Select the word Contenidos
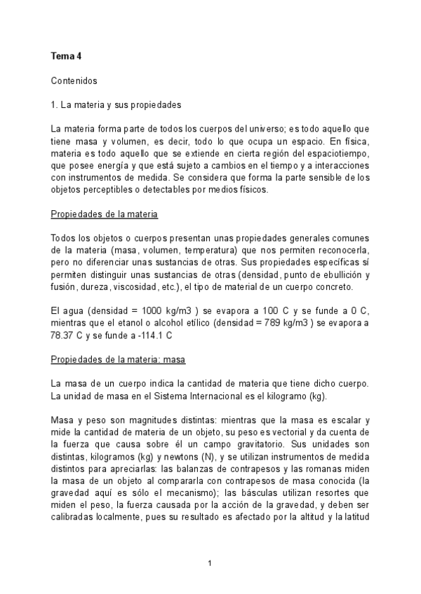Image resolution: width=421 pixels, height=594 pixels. pyautogui.click(x=74, y=81)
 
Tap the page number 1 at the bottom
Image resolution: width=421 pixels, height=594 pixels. pyautogui.click(x=210, y=562)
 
